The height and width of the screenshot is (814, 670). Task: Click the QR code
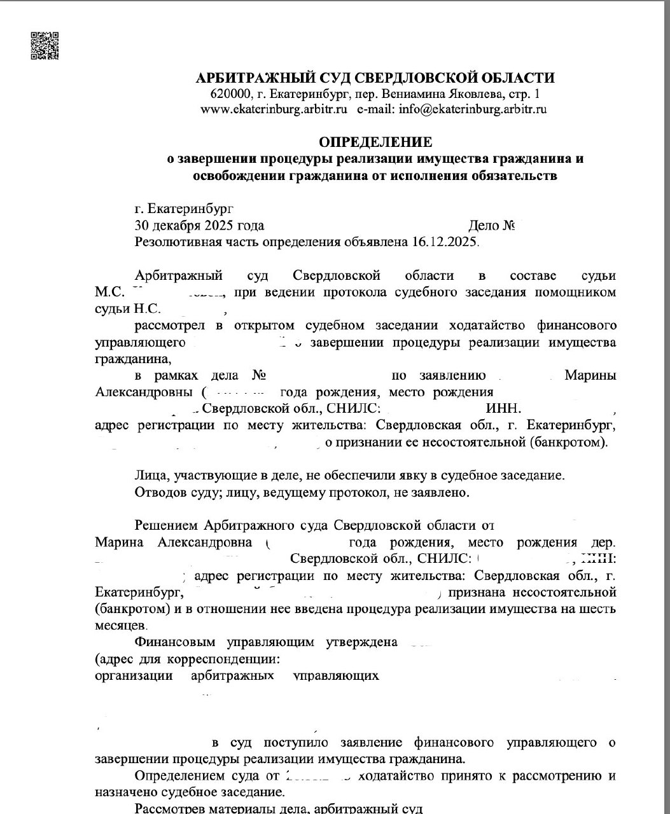(x=45, y=46)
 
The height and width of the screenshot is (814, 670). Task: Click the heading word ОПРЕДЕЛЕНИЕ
(x=375, y=142)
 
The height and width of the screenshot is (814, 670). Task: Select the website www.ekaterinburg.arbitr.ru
(x=274, y=109)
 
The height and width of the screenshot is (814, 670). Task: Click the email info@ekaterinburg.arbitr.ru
(x=473, y=109)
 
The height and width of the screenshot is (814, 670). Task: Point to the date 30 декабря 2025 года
(x=199, y=225)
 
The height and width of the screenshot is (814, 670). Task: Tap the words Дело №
(x=491, y=225)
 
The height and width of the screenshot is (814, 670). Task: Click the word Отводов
(x=162, y=492)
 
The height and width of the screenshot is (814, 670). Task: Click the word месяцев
(x=120, y=624)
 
